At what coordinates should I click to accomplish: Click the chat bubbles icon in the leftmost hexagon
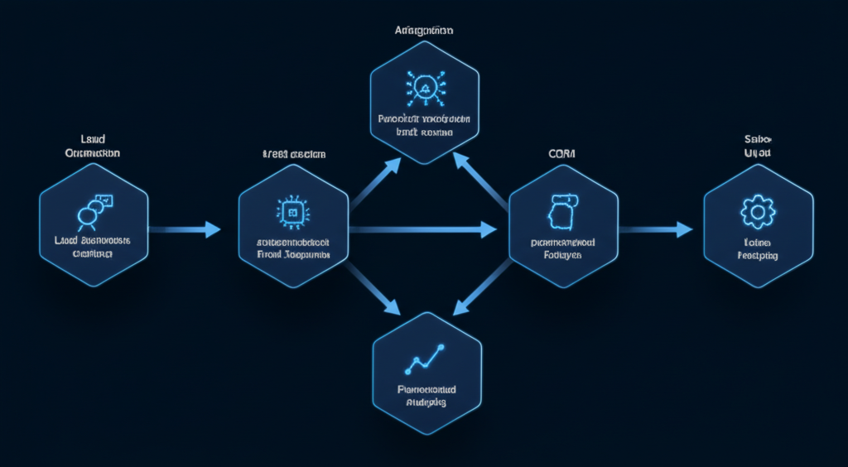click(x=92, y=209)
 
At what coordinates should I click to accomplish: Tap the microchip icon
click(x=292, y=212)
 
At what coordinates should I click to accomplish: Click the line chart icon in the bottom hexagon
click(x=425, y=358)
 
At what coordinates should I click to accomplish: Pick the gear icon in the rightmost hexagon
click(x=757, y=212)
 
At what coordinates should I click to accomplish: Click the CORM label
click(x=562, y=154)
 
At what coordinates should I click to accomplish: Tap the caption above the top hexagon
click(x=424, y=30)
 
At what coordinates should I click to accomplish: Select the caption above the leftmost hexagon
click(x=93, y=147)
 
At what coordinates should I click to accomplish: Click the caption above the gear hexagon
click(x=757, y=147)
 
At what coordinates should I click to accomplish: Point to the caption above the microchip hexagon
click(x=293, y=155)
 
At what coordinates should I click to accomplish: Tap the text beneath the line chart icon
click(x=426, y=396)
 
